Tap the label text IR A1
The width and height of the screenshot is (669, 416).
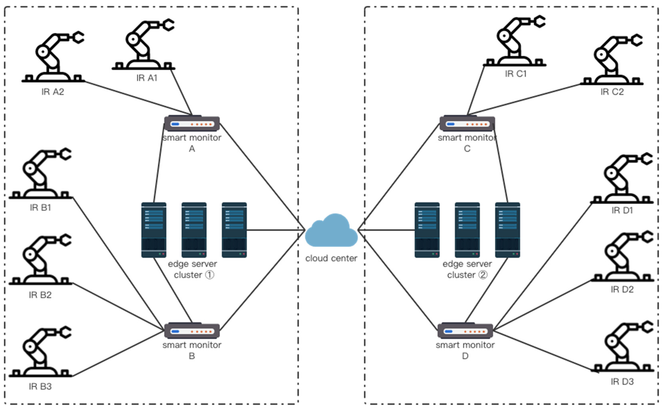point(147,78)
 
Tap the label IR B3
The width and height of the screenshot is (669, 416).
point(40,387)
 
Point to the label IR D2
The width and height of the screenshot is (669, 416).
point(622,289)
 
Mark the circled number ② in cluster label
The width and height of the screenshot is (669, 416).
point(483,275)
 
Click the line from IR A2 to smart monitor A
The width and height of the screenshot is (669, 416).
point(138,98)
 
